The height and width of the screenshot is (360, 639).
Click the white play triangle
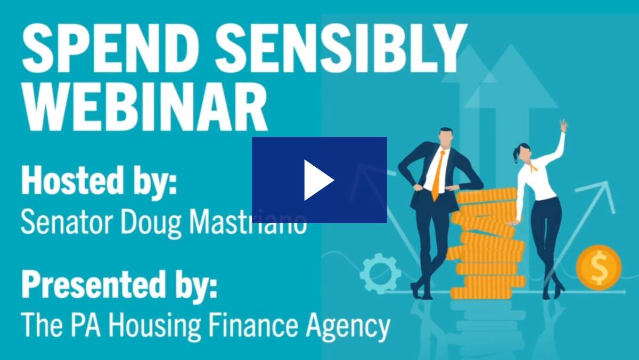(x=317, y=180)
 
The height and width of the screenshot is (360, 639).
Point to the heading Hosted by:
(x=99, y=181)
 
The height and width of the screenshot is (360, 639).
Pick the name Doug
(x=151, y=224)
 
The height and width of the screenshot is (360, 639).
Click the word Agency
(x=349, y=325)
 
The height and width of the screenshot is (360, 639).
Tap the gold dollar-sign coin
(x=598, y=267)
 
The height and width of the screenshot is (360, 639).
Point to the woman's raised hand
(x=563, y=126)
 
